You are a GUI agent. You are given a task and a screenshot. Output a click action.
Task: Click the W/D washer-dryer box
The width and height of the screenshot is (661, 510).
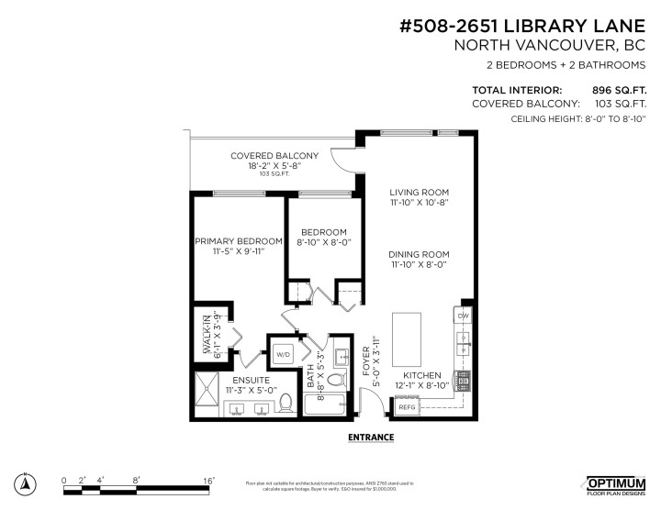point(283,353)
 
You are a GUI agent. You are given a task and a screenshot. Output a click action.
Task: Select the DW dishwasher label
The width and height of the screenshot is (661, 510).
point(462,316)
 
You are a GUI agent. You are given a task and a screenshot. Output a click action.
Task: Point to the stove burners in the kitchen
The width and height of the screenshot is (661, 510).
point(463,377)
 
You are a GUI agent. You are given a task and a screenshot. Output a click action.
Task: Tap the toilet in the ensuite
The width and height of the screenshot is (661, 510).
point(286,402)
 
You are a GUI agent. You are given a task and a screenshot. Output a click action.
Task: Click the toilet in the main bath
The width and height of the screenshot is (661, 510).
point(336,379)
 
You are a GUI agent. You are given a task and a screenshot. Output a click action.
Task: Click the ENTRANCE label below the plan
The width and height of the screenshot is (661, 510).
point(371,438)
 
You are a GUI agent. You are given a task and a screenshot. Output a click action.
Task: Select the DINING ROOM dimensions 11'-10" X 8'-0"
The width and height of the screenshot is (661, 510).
point(418,264)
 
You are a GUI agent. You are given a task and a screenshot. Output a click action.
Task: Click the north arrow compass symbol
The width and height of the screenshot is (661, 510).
point(27,483)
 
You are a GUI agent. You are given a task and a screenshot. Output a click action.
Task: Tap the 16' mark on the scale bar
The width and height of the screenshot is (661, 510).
point(209,480)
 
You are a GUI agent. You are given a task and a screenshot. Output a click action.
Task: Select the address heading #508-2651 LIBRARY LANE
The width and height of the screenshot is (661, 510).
point(531,25)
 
